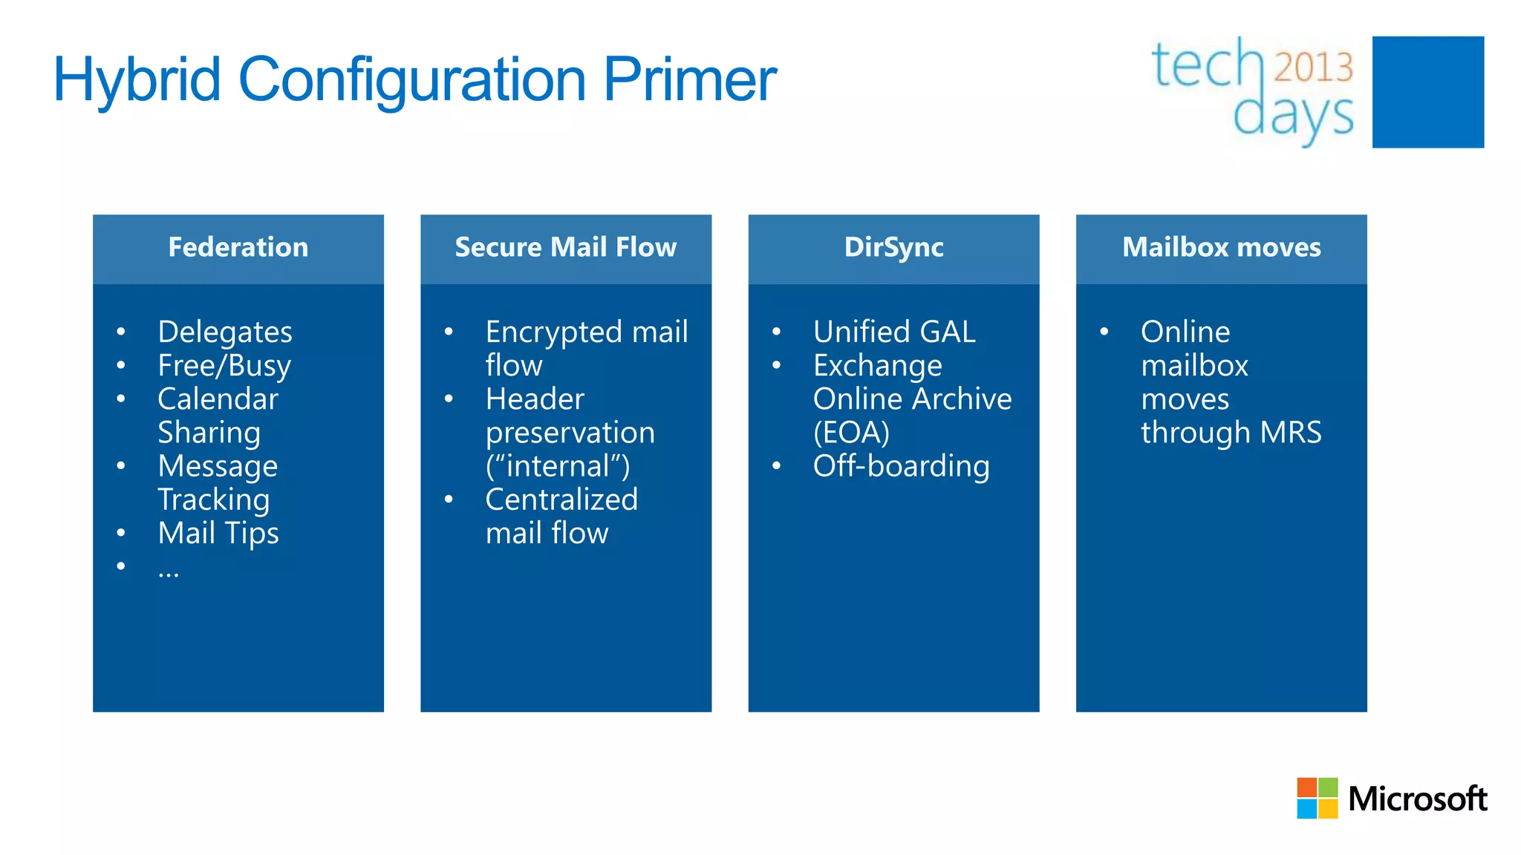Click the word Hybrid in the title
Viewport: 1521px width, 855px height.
tap(137, 80)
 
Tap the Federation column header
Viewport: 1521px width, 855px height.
tap(238, 247)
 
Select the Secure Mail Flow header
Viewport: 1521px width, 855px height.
tap(565, 247)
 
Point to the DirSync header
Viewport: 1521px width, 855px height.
tap(893, 247)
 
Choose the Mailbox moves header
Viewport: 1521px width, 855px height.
tap(1221, 247)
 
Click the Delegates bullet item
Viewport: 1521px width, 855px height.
tap(225, 332)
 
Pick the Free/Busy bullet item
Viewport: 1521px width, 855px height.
tap(224, 365)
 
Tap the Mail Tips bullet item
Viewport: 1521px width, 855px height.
tap(218, 533)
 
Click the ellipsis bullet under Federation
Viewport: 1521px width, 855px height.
tap(169, 570)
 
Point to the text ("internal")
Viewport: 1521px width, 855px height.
tap(557, 466)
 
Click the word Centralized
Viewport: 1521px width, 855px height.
tap(561, 499)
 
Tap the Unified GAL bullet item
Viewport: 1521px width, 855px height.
tap(894, 332)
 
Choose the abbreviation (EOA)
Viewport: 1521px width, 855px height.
tap(851, 433)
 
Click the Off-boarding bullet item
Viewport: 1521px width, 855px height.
tap(901, 466)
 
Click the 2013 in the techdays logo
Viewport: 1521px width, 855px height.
tap(1313, 67)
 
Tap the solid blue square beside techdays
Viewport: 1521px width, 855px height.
tap(1427, 92)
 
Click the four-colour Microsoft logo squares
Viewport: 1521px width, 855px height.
tap(1317, 798)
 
